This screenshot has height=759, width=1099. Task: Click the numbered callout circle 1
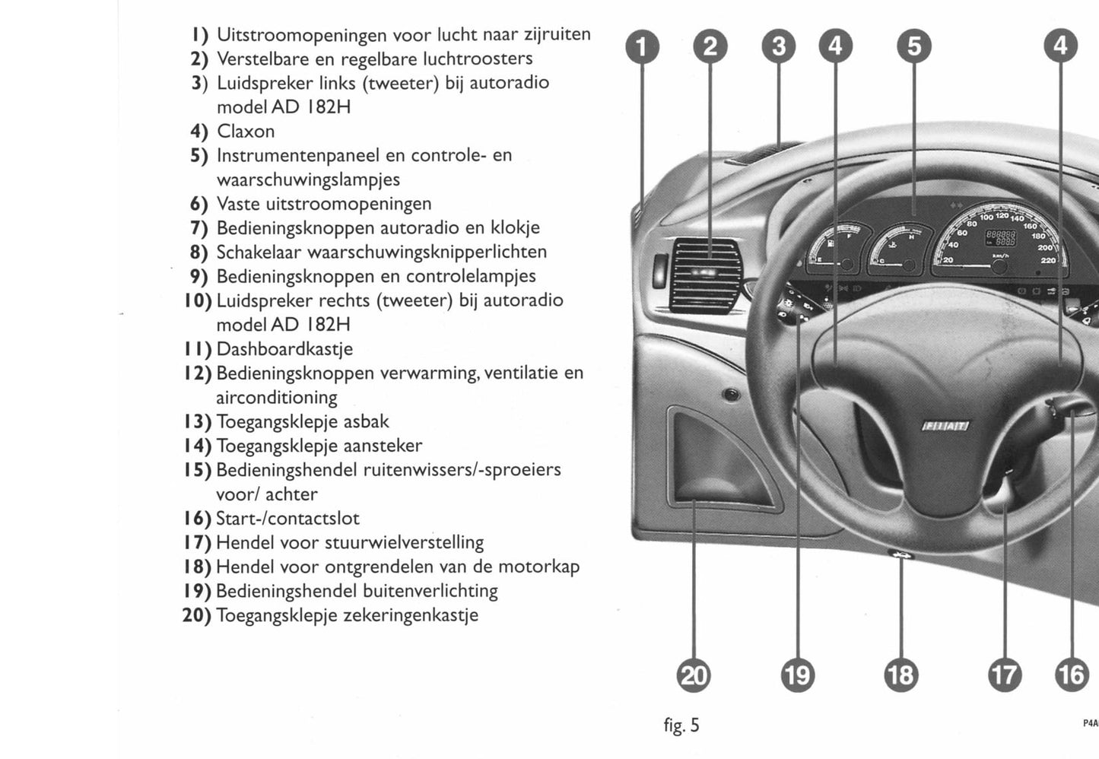pos(642,47)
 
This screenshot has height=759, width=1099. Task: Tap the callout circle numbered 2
pos(710,47)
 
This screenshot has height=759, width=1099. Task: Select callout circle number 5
pos(913,47)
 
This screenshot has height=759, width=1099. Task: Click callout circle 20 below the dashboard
pos(694,675)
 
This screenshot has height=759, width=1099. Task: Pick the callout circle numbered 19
pos(797,675)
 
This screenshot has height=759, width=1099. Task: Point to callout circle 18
pos(900,675)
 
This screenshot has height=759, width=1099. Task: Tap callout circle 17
pos(1004,675)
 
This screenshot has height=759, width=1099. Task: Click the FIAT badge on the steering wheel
pos(945,427)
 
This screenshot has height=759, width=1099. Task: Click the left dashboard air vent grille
pos(705,275)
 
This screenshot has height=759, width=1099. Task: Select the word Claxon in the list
pos(246,131)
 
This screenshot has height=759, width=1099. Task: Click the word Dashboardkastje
pos(284,349)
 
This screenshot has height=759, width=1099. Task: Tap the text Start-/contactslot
pos(287,519)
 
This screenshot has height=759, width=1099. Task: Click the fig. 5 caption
pos(681,725)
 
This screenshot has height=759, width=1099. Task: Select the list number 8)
pos(199,252)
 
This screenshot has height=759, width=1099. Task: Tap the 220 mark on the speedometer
pos(1047,260)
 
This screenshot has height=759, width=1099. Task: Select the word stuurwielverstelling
pos(404,542)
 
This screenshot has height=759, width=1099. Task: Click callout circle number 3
pos(778,47)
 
